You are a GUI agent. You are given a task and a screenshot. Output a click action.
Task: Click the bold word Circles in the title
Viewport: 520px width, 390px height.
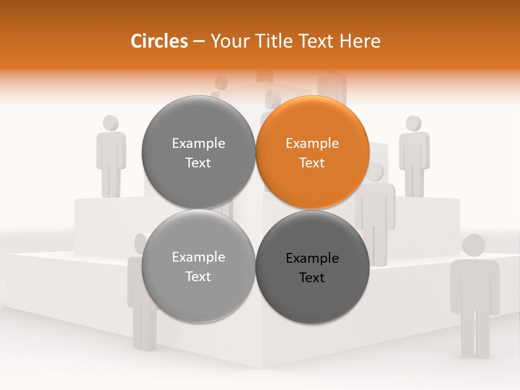(159, 41)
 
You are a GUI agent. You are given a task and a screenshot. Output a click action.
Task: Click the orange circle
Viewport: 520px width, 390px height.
(313, 153)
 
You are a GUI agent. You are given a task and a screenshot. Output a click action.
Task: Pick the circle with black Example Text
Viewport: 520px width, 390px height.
(313, 267)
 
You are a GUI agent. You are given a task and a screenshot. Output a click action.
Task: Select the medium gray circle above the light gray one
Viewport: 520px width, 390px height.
(198, 153)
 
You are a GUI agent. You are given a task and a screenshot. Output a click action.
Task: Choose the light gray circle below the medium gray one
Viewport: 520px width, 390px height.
(198, 266)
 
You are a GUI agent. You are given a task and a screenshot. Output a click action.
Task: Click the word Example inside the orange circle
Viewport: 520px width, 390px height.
(312, 144)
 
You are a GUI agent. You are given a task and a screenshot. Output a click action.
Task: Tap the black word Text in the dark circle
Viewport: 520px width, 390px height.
(312, 278)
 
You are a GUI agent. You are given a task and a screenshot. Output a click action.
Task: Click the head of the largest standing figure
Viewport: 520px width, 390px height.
(473, 245)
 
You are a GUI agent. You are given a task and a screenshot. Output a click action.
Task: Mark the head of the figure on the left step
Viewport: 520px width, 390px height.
(111, 123)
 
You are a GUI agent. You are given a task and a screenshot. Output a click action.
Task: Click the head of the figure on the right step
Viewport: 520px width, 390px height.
(414, 123)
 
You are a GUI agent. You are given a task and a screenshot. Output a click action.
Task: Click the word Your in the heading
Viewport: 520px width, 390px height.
(227, 41)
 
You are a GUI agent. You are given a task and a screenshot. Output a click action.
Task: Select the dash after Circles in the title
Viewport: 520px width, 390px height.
(199, 42)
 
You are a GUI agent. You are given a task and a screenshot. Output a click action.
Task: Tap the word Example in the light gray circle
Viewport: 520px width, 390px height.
(198, 257)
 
